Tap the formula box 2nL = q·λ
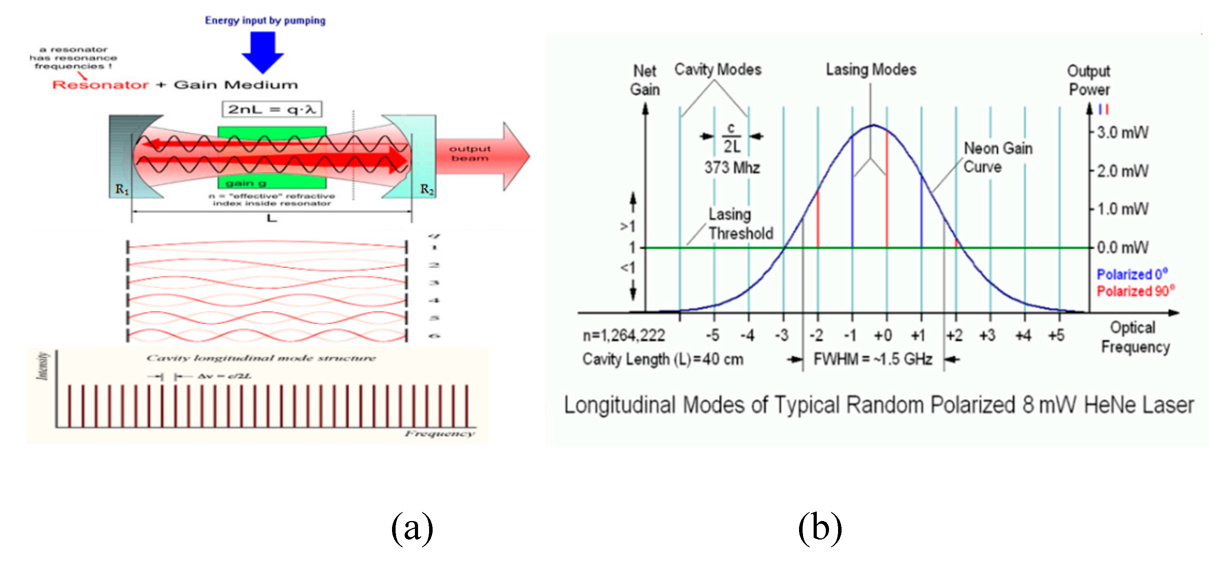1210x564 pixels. pyautogui.click(x=271, y=110)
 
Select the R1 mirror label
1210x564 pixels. pyautogui.click(x=122, y=189)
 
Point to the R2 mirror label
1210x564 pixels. pyautogui.click(x=426, y=189)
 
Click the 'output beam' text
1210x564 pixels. pyautogui.click(x=469, y=153)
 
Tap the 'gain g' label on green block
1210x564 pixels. pyautogui.click(x=245, y=183)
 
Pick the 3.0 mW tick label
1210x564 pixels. pyautogui.click(x=1122, y=133)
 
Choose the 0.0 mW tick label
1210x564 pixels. pyautogui.click(x=1122, y=247)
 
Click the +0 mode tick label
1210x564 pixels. pyautogui.click(x=883, y=336)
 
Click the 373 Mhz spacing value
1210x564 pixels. pyautogui.click(x=731, y=167)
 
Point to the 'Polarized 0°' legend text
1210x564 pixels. pyautogui.click(x=1132, y=274)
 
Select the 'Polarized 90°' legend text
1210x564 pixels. pyautogui.click(x=1135, y=291)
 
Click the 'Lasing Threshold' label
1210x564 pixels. pyautogui.click(x=740, y=224)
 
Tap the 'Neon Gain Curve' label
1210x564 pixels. pyautogui.click(x=997, y=157)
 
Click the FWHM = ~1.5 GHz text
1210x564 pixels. pyautogui.click(x=872, y=360)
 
